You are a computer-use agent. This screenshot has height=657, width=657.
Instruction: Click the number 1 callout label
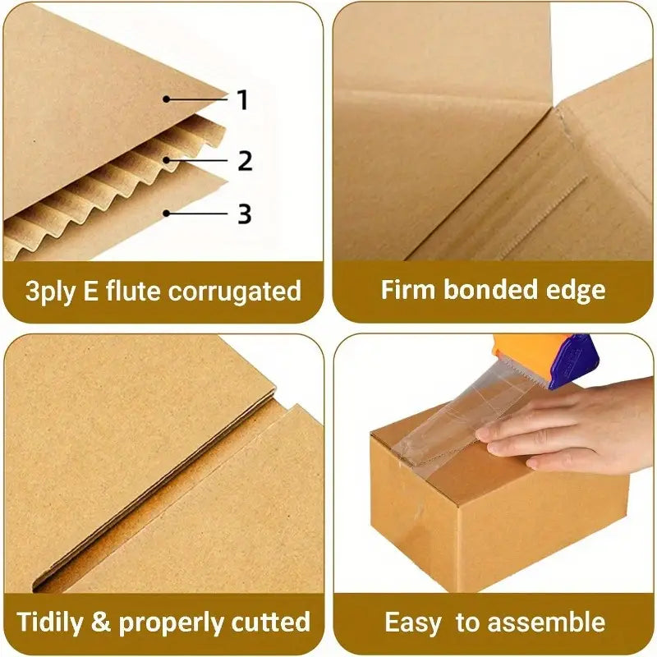pos(242,100)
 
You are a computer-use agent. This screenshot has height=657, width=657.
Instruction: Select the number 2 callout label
pos(245,161)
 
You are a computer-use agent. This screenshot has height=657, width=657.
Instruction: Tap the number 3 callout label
pos(244,214)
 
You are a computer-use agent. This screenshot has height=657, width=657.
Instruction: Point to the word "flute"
pos(143,291)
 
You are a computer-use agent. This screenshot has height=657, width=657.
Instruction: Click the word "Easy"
pos(414,622)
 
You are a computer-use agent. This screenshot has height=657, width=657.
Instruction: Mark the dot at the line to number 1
pos(166,99)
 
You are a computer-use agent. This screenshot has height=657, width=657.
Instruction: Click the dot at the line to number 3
pos(166,214)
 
